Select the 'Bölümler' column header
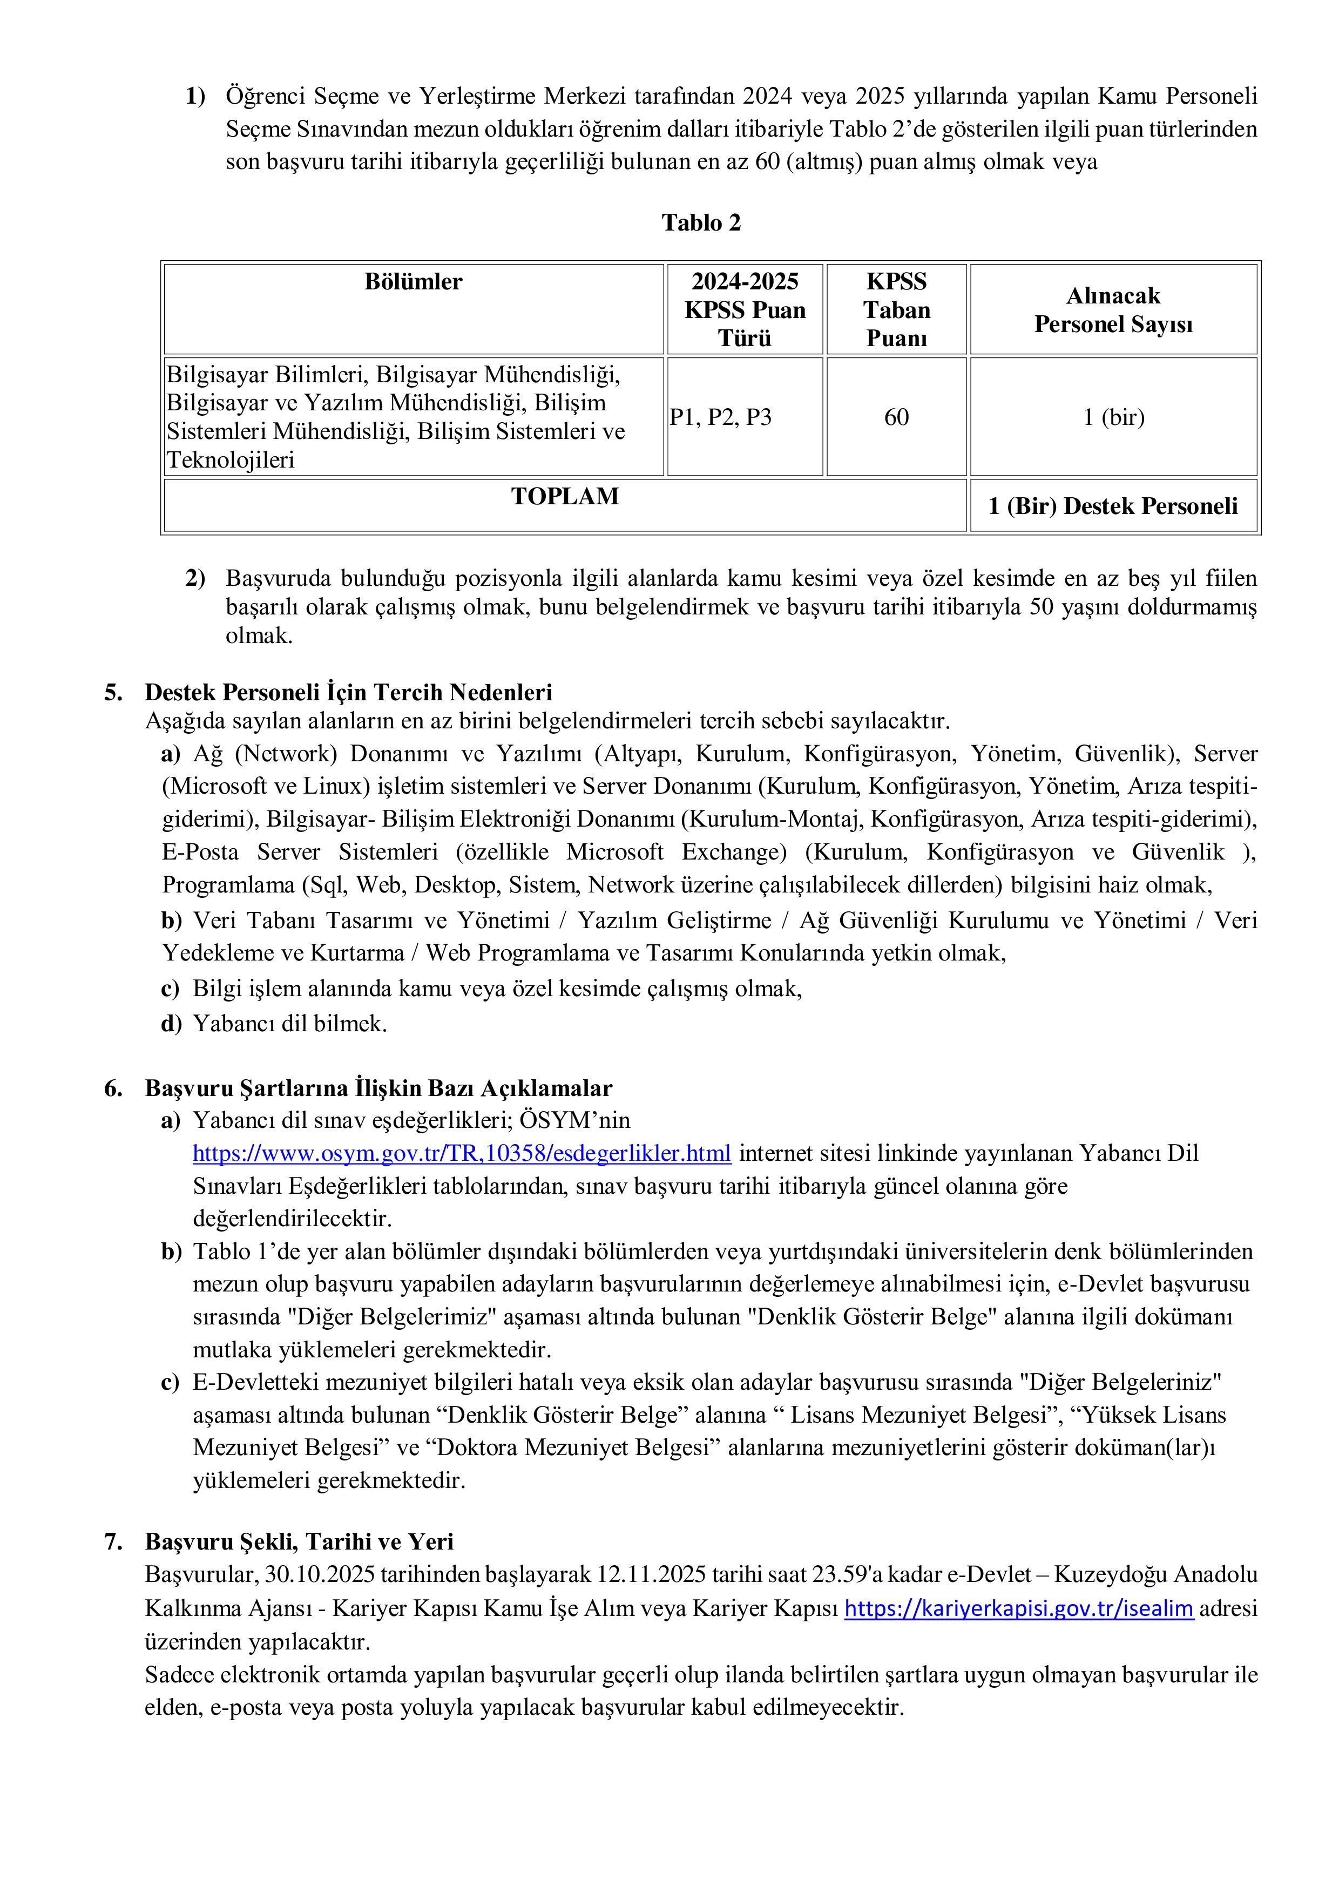click(x=414, y=282)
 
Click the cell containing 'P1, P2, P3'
click(x=720, y=417)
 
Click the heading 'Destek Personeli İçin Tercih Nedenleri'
click(x=348, y=692)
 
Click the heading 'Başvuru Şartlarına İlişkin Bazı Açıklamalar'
click(x=378, y=1088)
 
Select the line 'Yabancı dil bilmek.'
click(x=289, y=1024)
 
